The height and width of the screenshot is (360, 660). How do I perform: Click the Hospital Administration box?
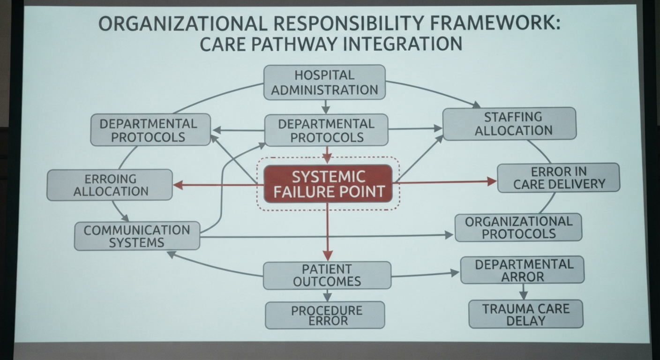coord(324,82)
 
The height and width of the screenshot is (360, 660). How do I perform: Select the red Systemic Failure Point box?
coord(328,184)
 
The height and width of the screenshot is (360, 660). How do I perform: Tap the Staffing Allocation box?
coord(510,124)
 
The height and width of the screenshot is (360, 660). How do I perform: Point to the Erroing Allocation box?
coord(110,185)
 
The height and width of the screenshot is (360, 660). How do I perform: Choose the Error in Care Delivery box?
coord(559,178)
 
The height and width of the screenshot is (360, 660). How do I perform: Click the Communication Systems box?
coord(137,236)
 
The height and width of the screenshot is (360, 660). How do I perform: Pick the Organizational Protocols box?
coord(518,227)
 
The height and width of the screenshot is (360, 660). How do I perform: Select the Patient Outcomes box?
coord(327,276)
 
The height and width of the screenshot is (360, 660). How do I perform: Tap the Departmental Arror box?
coord(522,270)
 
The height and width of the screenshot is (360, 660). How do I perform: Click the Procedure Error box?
coord(325,315)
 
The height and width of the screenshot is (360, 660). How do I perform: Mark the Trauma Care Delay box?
coord(526,314)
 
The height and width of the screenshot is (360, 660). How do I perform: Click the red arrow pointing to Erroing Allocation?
coord(218,185)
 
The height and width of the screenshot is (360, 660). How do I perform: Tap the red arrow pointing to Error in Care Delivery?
coord(445,182)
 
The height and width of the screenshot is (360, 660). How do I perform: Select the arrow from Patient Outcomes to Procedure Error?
coord(327,295)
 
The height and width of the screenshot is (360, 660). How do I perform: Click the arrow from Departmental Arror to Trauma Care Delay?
coord(523,292)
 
